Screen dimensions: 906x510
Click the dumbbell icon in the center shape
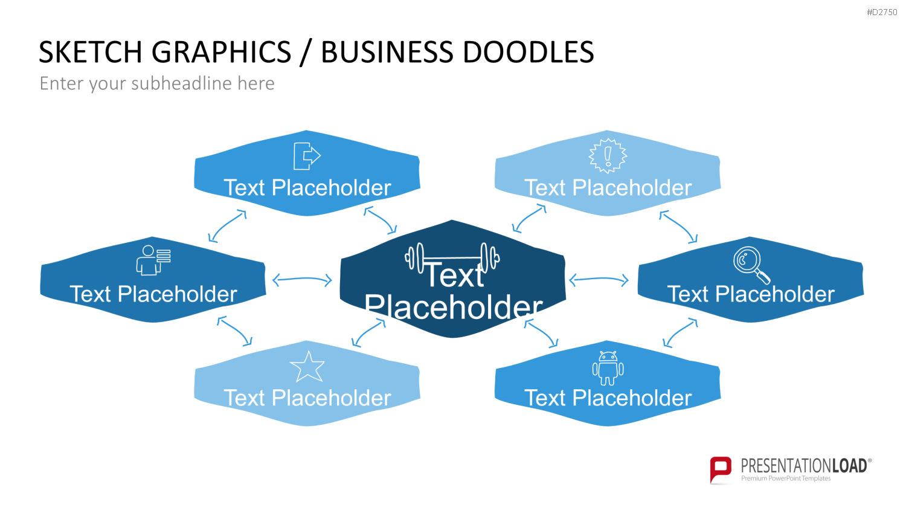[452, 257]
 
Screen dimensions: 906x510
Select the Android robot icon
[608, 368]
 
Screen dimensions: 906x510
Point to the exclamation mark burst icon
[608, 156]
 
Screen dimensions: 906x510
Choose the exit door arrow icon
[307, 156]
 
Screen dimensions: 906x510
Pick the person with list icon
[153, 260]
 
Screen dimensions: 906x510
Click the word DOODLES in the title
[528, 52]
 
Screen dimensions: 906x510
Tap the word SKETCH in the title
[91, 52]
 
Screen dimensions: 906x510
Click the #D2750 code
[882, 12]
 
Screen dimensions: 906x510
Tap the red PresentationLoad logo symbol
[721, 470]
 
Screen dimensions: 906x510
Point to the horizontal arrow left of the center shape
[302, 279]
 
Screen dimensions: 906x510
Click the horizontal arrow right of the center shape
[599, 279]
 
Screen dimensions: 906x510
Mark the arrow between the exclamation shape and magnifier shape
[679, 227]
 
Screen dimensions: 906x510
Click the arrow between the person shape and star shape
[235, 331]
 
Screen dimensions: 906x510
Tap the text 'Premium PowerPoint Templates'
[786, 479]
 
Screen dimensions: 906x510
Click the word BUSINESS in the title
[387, 52]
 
